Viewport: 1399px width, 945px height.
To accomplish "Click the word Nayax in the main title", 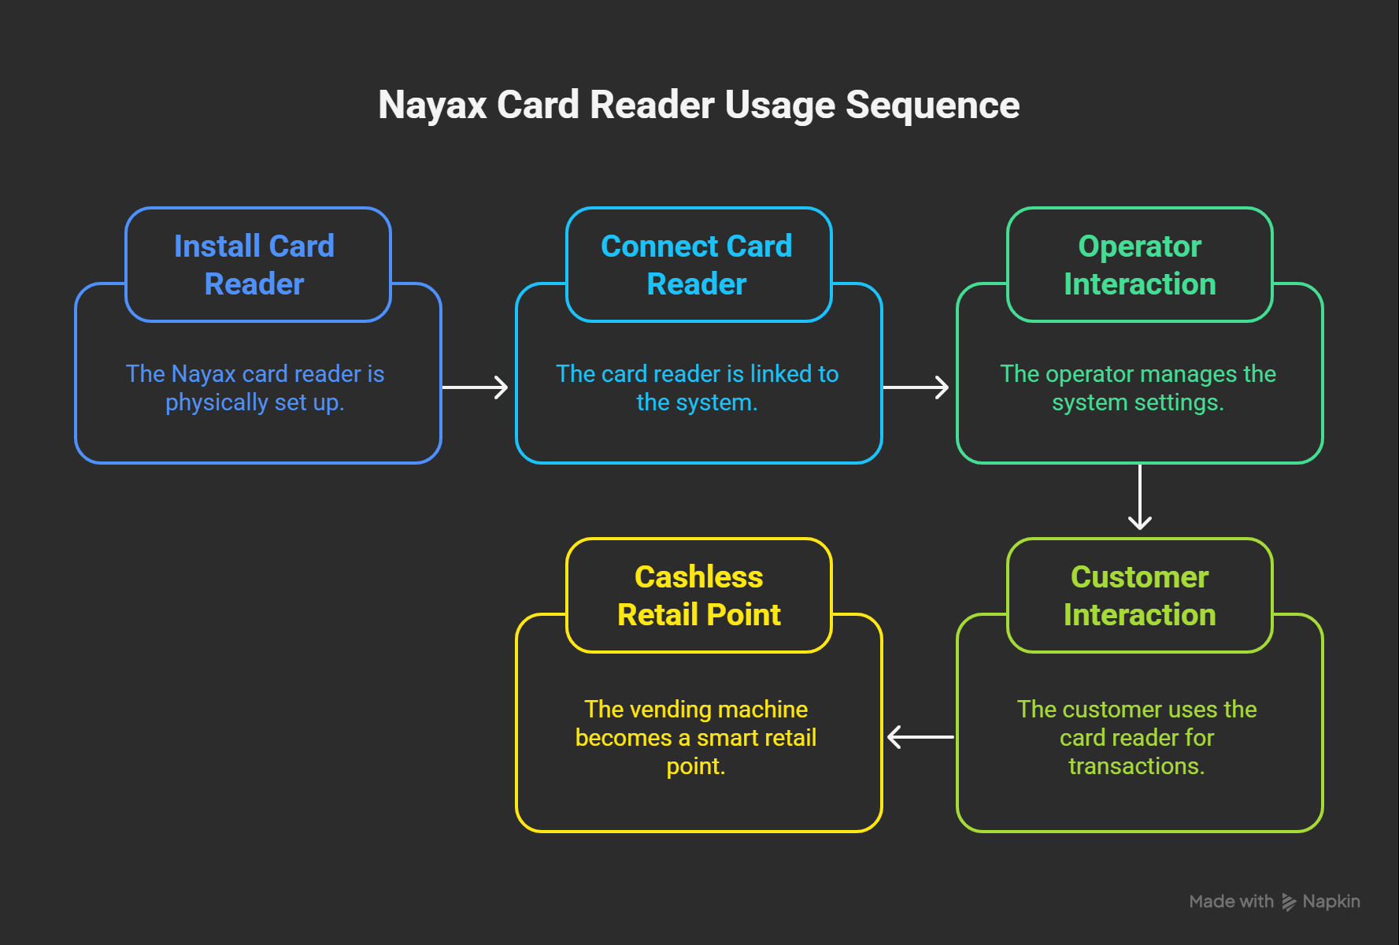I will point(432,106).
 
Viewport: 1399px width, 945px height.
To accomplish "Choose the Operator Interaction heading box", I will point(1139,265).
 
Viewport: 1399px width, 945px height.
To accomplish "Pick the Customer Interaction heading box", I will point(1139,596).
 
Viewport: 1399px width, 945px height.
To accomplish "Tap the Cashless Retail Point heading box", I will point(698,596).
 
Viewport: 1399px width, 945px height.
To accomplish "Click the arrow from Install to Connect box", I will point(476,387).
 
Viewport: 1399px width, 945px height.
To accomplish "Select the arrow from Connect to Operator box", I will point(916,387).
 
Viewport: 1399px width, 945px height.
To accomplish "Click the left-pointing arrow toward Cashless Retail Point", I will point(920,737).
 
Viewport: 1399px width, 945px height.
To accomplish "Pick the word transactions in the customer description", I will point(1136,766).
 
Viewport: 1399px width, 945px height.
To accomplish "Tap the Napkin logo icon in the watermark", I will point(1289,902).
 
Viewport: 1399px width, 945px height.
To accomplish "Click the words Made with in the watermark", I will point(1231,902).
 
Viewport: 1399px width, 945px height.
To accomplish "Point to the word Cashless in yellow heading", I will point(698,577).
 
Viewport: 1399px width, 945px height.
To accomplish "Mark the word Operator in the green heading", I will point(1139,246).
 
